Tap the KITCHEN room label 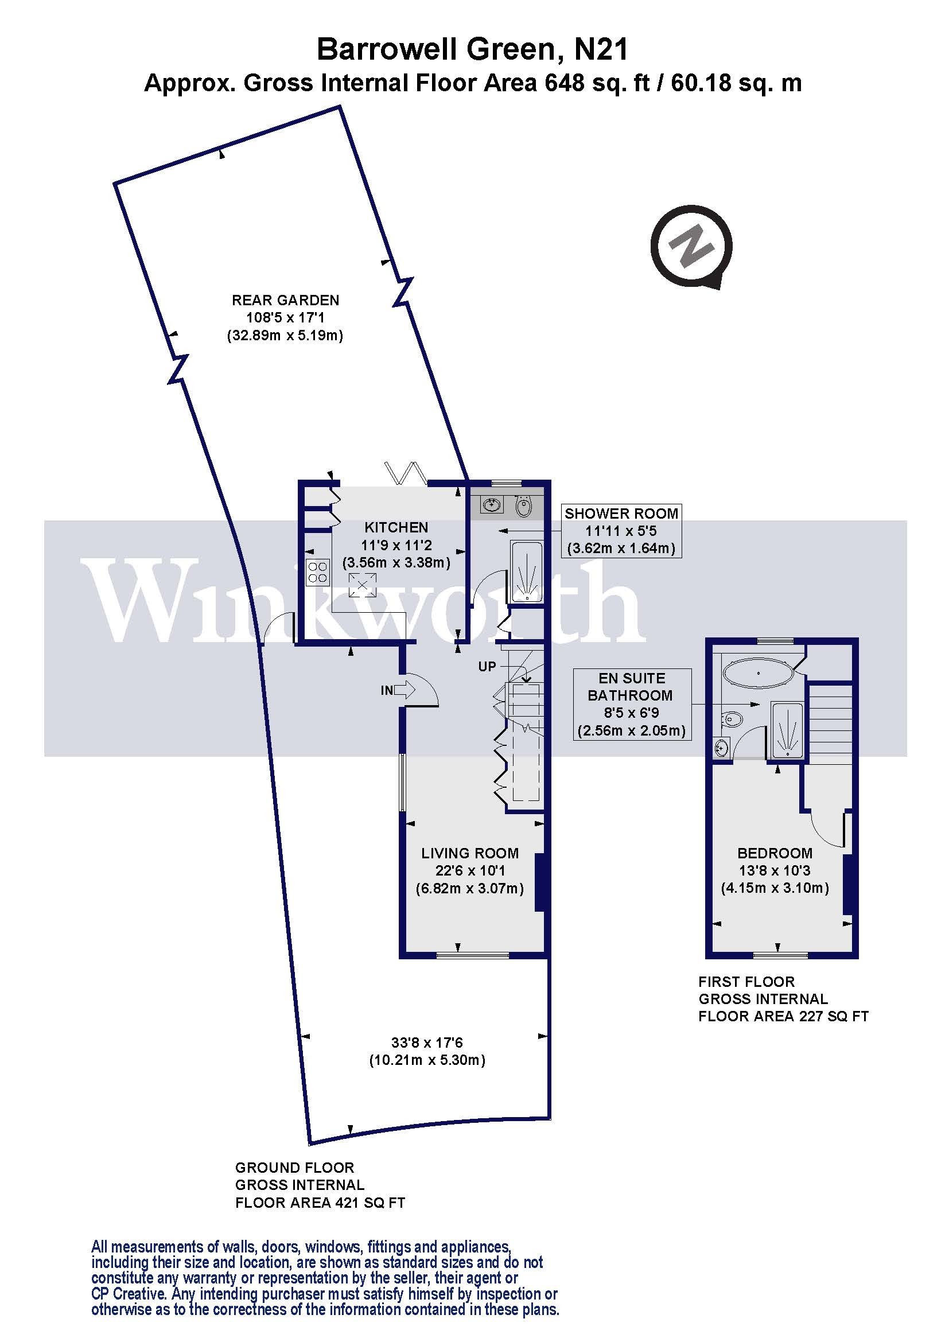pos(396,528)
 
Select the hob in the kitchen pos(317,571)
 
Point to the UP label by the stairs pos(487,666)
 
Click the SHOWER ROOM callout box pos(621,531)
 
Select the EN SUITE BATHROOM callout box pos(631,705)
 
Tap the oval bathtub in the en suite pos(758,674)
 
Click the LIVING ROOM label pos(470,853)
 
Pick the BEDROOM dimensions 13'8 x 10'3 pos(774,870)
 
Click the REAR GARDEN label pos(285,301)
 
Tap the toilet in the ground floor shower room pos(524,506)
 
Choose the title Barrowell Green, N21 pos(472,50)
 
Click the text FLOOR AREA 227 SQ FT pos(783,1017)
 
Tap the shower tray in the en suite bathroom pos(787,730)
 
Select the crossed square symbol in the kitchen pos(362,585)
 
